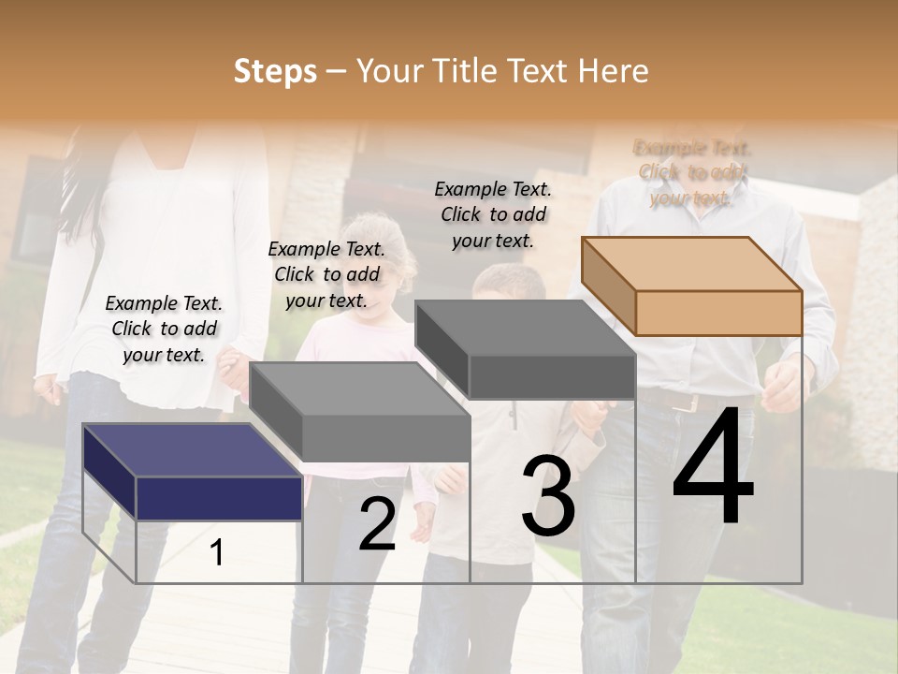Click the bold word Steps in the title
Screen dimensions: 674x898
[275, 71]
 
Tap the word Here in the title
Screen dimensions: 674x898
[614, 71]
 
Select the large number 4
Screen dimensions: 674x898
[714, 468]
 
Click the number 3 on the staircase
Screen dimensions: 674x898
[548, 496]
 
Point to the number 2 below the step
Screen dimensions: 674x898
[378, 524]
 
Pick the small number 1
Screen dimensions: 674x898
[217, 552]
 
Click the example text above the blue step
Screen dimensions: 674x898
[164, 330]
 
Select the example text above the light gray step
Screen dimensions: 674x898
[326, 275]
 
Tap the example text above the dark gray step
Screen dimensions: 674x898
[493, 214]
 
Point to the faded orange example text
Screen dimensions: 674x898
[692, 173]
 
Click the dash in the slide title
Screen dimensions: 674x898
[337, 72]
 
